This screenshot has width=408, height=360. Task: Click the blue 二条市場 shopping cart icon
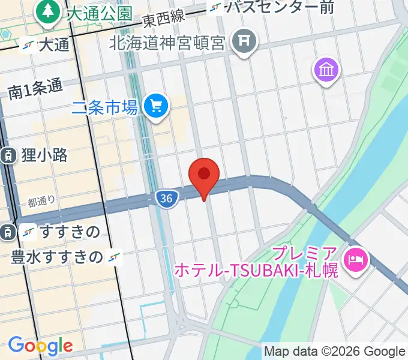pyautogui.click(x=157, y=107)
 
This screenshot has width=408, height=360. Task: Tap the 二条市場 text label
pyautogui.click(x=105, y=108)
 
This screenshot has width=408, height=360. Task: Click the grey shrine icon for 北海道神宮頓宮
pyautogui.click(x=244, y=43)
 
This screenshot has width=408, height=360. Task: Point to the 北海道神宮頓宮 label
pyautogui.click(x=167, y=43)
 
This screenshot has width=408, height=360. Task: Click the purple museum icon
pyautogui.click(x=326, y=71)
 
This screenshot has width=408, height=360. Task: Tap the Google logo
pyautogui.click(x=40, y=346)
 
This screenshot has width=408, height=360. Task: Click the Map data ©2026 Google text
pyautogui.click(x=335, y=351)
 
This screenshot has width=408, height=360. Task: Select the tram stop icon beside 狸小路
pyautogui.click(x=7, y=155)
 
